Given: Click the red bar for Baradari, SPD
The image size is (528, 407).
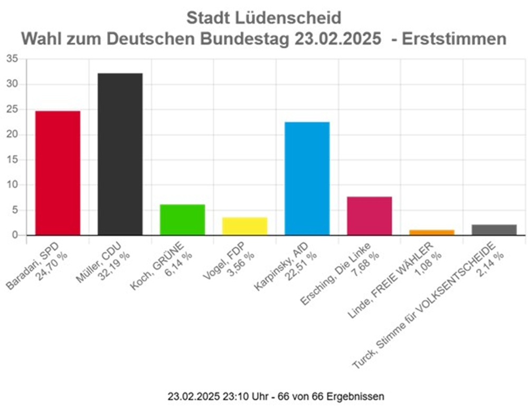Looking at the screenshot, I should coord(58,173).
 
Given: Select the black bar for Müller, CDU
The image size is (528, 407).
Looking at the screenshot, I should coord(120,154).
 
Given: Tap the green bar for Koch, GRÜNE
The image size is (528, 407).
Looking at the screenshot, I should coord(182,219).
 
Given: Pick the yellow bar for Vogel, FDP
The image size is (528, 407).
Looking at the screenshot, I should coord(244,226).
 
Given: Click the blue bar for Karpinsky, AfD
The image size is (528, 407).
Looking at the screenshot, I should coord(307,178).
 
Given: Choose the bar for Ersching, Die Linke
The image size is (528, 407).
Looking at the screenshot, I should coord(369,216).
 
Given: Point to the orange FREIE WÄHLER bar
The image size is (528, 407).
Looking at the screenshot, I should coord(431,232).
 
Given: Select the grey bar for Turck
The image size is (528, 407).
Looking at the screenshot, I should coord(494,229).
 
